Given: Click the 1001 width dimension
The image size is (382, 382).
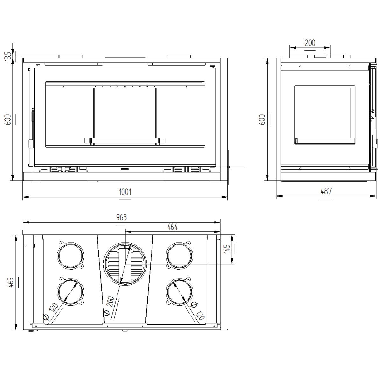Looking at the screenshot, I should pos(125,192).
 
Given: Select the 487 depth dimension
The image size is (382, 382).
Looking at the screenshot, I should pos(326,191).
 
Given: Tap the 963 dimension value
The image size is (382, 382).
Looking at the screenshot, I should pos(121,217).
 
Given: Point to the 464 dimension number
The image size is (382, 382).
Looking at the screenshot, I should pos(172,227).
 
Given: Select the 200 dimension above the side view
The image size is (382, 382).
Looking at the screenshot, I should pos(309,43).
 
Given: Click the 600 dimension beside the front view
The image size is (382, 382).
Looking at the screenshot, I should pos(9,119).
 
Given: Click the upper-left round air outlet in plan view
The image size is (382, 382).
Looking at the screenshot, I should pos(71,256).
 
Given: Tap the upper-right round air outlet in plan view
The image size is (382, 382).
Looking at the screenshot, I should pos(180,256).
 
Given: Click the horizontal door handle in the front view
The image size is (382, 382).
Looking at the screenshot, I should pos(125,140).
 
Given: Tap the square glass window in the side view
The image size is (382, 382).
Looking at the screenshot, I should pos(324,115).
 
